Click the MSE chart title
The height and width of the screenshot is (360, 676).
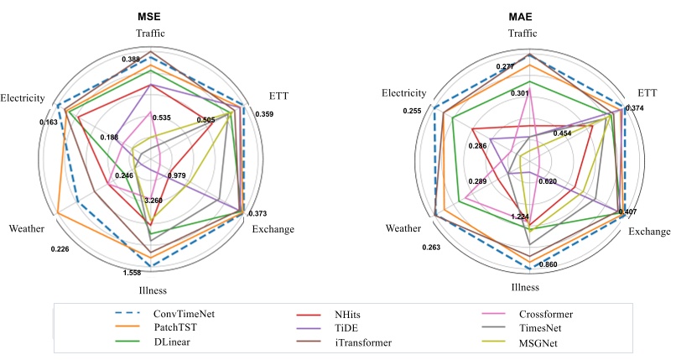click(150, 16)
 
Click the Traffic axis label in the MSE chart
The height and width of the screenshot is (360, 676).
click(150, 33)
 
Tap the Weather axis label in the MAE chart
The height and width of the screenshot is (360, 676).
click(403, 228)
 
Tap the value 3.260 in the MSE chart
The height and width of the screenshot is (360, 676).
click(154, 201)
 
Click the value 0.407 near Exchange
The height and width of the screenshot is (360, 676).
click(627, 211)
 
